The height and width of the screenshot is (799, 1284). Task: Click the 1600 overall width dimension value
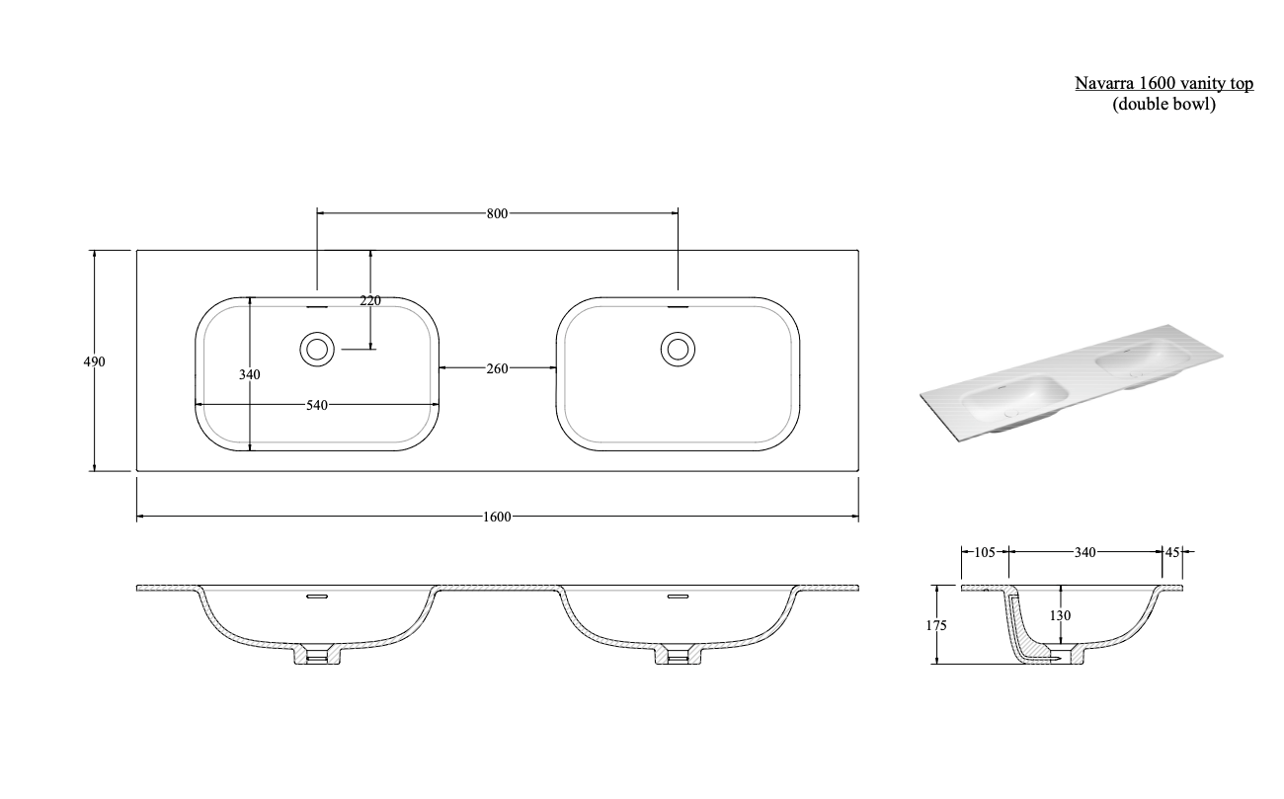click(x=497, y=518)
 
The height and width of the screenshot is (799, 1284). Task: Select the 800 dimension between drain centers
click(x=497, y=212)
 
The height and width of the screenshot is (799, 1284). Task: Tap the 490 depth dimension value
click(x=94, y=361)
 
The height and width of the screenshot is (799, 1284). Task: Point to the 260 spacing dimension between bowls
click(x=497, y=368)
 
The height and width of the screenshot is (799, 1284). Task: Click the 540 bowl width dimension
click(x=316, y=404)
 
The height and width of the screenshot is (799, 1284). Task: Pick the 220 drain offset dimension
click(x=370, y=301)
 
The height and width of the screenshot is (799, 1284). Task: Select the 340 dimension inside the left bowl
click(x=251, y=374)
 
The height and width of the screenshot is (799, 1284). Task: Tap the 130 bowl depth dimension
click(x=1061, y=615)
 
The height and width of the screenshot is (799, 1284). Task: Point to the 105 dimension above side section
click(x=984, y=552)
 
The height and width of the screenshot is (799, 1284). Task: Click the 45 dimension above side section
click(x=1172, y=552)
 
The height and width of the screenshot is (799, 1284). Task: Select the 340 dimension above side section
click(x=1084, y=552)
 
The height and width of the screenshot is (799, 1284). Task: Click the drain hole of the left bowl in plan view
click(x=317, y=349)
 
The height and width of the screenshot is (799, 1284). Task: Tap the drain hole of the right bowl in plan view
click(x=678, y=349)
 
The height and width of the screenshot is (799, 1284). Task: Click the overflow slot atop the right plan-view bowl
click(x=678, y=305)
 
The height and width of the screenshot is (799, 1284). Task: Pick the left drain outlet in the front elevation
click(x=317, y=655)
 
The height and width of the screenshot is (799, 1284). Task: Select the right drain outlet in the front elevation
click(x=678, y=655)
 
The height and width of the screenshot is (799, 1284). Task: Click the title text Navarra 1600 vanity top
click(x=1164, y=84)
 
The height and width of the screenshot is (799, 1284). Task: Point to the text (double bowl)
click(x=1164, y=104)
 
